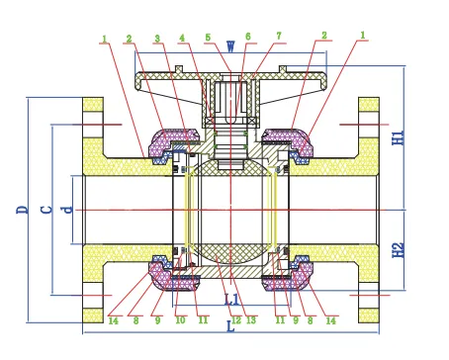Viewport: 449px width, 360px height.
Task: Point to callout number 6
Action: coord(247,38)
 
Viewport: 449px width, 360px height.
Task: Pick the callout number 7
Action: coord(279,38)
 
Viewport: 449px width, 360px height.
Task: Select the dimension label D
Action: coord(21,210)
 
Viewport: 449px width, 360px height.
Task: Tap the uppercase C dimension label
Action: coord(45,210)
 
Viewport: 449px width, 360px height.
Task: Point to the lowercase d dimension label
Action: coord(66,210)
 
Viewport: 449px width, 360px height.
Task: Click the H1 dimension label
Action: coord(398,136)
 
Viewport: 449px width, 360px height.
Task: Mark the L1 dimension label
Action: coord(231,298)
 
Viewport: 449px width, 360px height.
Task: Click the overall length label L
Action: coord(230,323)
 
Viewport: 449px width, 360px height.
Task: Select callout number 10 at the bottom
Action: coord(180,320)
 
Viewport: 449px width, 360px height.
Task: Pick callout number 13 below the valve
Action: coord(251,320)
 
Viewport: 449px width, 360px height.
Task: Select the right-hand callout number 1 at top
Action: coord(362,38)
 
